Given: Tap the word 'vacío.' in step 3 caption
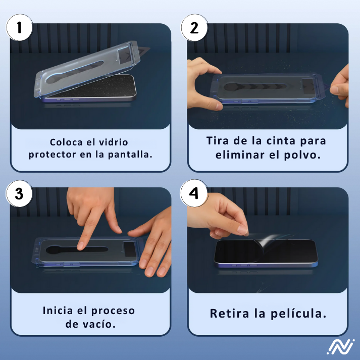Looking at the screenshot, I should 100,323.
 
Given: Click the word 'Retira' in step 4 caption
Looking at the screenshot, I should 229,314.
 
